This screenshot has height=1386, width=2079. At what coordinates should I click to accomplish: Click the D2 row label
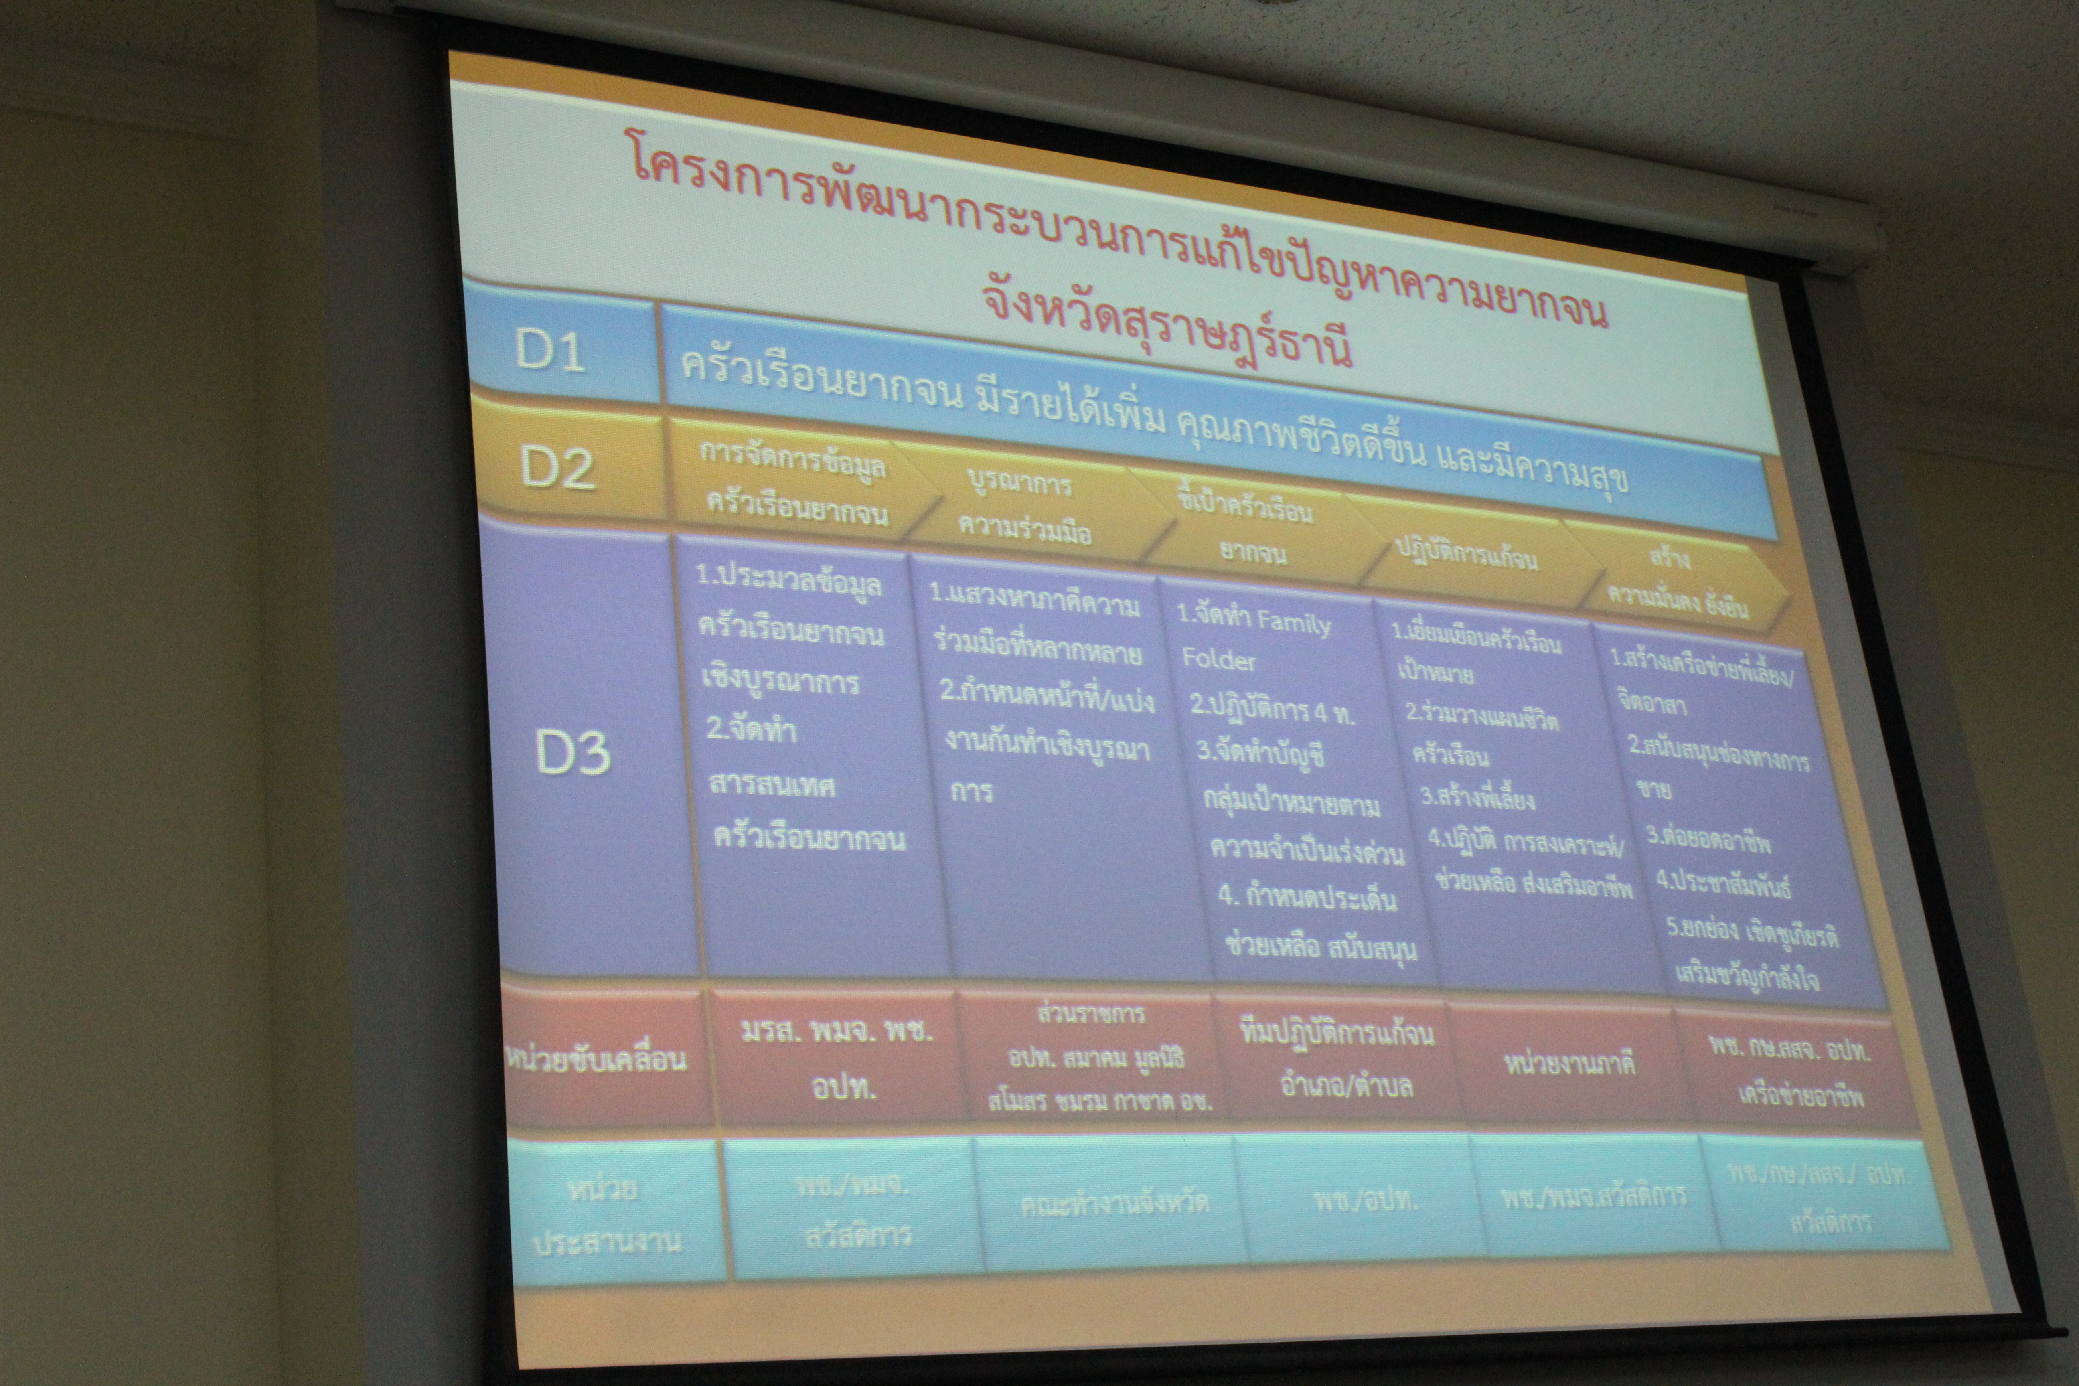[557, 467]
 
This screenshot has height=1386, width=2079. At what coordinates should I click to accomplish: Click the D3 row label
[573, 752]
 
